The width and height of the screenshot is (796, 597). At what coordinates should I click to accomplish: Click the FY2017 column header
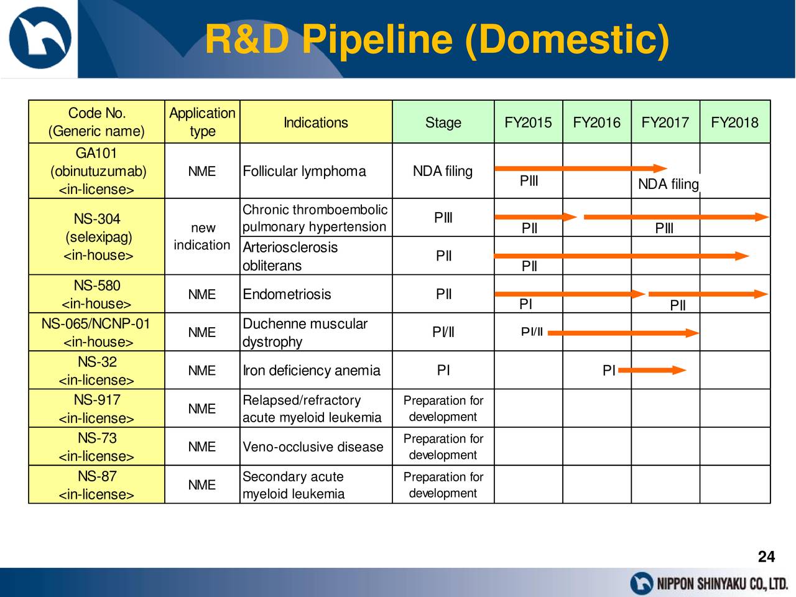(665, 122)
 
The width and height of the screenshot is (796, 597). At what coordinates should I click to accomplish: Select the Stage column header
(443, 122)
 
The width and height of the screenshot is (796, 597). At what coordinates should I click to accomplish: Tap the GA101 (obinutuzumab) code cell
(96, 171)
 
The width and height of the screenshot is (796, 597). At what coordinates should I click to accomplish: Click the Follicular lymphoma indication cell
(316, 171)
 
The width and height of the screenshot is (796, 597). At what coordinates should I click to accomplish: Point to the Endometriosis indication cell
(316, 294)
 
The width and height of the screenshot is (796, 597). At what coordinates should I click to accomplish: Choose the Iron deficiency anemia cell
(316, 370)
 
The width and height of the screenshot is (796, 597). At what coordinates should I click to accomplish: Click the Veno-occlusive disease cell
(316, 447)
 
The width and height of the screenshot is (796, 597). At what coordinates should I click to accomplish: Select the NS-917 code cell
(96, 408)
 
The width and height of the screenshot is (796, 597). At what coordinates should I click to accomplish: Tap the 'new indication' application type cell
(202, 236)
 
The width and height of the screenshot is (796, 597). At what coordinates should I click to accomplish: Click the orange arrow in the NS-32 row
(652, 370)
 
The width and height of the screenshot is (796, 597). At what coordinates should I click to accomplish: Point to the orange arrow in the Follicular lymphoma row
(581, 168)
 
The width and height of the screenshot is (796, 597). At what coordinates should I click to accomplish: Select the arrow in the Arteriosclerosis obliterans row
(621, 256)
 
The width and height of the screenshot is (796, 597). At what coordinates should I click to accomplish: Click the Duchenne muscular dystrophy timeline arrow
(623, 333)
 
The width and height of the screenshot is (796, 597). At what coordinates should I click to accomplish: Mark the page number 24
(766, 557)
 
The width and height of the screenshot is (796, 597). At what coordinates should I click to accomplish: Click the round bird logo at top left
(40, 38)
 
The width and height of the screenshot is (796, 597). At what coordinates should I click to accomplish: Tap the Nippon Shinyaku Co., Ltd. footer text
(723, 584)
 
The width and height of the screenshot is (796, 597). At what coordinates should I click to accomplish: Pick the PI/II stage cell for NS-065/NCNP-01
(443, 332)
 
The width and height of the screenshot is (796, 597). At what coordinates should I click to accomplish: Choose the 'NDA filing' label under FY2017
(669, 184)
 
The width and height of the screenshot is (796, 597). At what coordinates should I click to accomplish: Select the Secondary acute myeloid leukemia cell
(316, 484)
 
